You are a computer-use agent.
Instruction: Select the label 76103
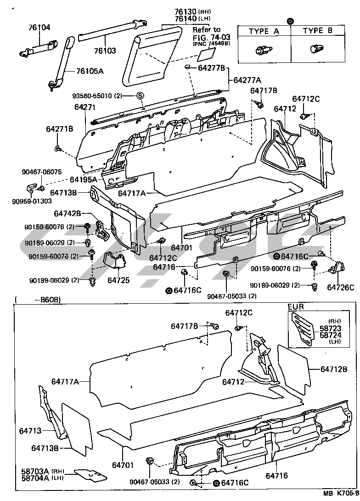coord(105,50)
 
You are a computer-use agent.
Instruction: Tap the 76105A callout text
coord(90,71)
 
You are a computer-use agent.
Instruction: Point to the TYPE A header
coord(264,31)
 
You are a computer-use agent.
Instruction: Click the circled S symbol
coord(140,95)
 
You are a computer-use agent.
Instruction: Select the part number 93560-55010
coord(95,96)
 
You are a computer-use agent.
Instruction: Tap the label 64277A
coord(247,80)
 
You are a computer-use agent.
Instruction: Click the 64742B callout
coord(67,213)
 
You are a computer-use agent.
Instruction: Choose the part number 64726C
coord(340,288)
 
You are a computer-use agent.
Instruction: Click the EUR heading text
coord(296,306)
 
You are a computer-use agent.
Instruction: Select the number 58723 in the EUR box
coord(321,329)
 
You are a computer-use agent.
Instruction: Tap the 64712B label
coord(333,369)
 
